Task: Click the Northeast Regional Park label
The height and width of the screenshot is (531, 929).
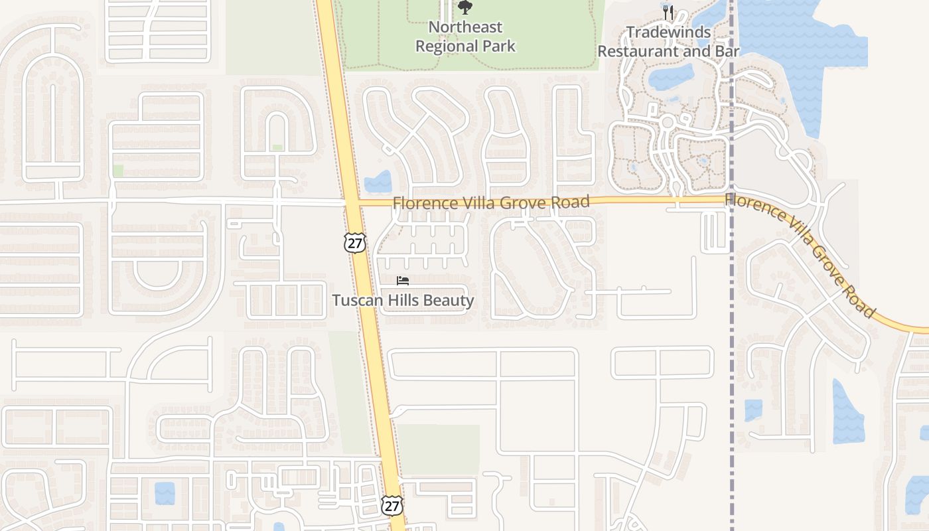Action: pos(465,37)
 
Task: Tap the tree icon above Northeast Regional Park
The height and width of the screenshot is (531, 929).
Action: pos(465,7)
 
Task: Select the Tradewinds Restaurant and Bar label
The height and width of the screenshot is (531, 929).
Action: pos(668,41)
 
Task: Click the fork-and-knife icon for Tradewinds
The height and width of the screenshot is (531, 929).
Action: pos(668,12)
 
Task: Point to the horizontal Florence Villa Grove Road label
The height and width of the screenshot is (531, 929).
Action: pos(491,202)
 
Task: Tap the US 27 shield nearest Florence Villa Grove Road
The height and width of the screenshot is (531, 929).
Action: pos(354,243)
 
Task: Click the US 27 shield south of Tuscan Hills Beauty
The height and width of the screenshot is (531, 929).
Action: pos(392,506)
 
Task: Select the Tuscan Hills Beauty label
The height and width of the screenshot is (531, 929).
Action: pos(403,301)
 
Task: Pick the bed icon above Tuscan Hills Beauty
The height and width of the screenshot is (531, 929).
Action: pos(403,281)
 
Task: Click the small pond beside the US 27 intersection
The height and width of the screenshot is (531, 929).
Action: pos(378,181)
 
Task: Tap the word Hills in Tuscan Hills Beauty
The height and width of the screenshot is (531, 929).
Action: pos(400,301)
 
